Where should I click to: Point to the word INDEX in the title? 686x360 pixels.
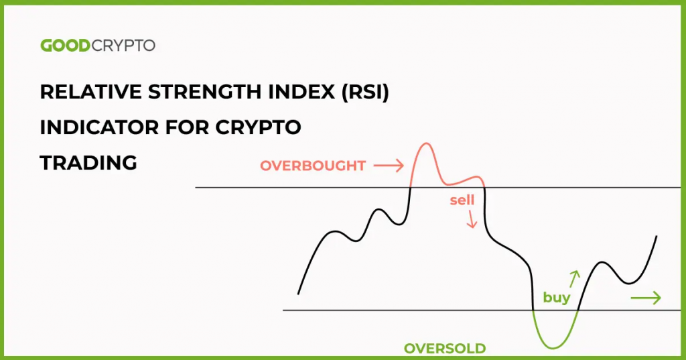[299, 93]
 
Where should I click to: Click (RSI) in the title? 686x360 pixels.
[364, 93]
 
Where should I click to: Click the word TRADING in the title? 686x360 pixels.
[88, 162]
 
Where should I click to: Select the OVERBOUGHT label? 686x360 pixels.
[313, 166]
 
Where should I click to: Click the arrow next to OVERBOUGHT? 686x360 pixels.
[389, 165]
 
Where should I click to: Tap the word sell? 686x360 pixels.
[462, 200]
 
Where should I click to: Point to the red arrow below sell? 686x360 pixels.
[472, 219]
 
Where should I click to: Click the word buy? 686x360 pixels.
[556, 298]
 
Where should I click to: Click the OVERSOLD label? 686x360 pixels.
[445, 348]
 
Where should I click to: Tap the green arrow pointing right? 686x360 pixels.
[646, 298]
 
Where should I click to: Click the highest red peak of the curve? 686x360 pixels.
[425, 144]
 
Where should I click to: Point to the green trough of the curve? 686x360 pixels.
[554, 347]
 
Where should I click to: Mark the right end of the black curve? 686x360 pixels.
[656, 237]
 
